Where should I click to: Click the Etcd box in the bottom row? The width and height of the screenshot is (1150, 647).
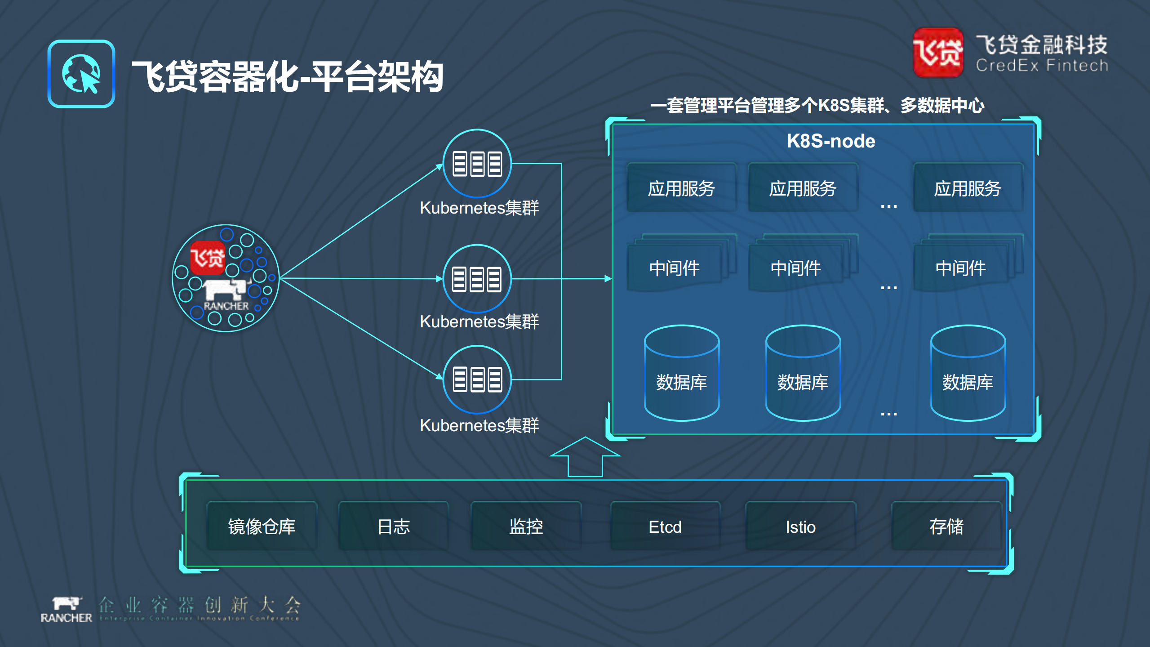(665, 527)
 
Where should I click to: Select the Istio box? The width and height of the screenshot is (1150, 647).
(800, 527)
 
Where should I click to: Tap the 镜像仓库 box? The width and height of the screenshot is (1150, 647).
(262, 527)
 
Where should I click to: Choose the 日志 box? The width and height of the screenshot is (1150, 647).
(394, 527)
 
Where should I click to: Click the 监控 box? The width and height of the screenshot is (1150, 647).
(526, 527)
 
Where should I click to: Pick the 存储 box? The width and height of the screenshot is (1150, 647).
(946, 527)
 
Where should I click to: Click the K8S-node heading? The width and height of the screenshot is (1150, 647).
(830, 141)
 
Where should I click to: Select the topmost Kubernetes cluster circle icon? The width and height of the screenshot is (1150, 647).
(477, 164)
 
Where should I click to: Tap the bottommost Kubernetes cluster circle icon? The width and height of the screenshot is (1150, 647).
(477, 379)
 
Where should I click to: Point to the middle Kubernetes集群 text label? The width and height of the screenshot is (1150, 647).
(479, 321)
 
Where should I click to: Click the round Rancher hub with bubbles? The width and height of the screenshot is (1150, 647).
(226, 278)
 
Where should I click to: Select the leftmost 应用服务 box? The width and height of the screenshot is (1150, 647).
(681, 188)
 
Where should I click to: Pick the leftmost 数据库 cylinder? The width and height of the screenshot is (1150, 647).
(681, 373)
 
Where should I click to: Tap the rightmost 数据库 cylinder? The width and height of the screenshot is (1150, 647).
(968, 373)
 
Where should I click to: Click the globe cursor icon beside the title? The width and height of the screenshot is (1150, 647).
(81, 74)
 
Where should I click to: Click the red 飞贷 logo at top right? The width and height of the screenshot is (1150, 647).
(938, 53)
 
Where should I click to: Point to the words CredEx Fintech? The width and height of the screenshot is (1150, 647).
(1042, 66)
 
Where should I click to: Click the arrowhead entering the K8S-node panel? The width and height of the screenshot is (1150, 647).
(608, 279)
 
